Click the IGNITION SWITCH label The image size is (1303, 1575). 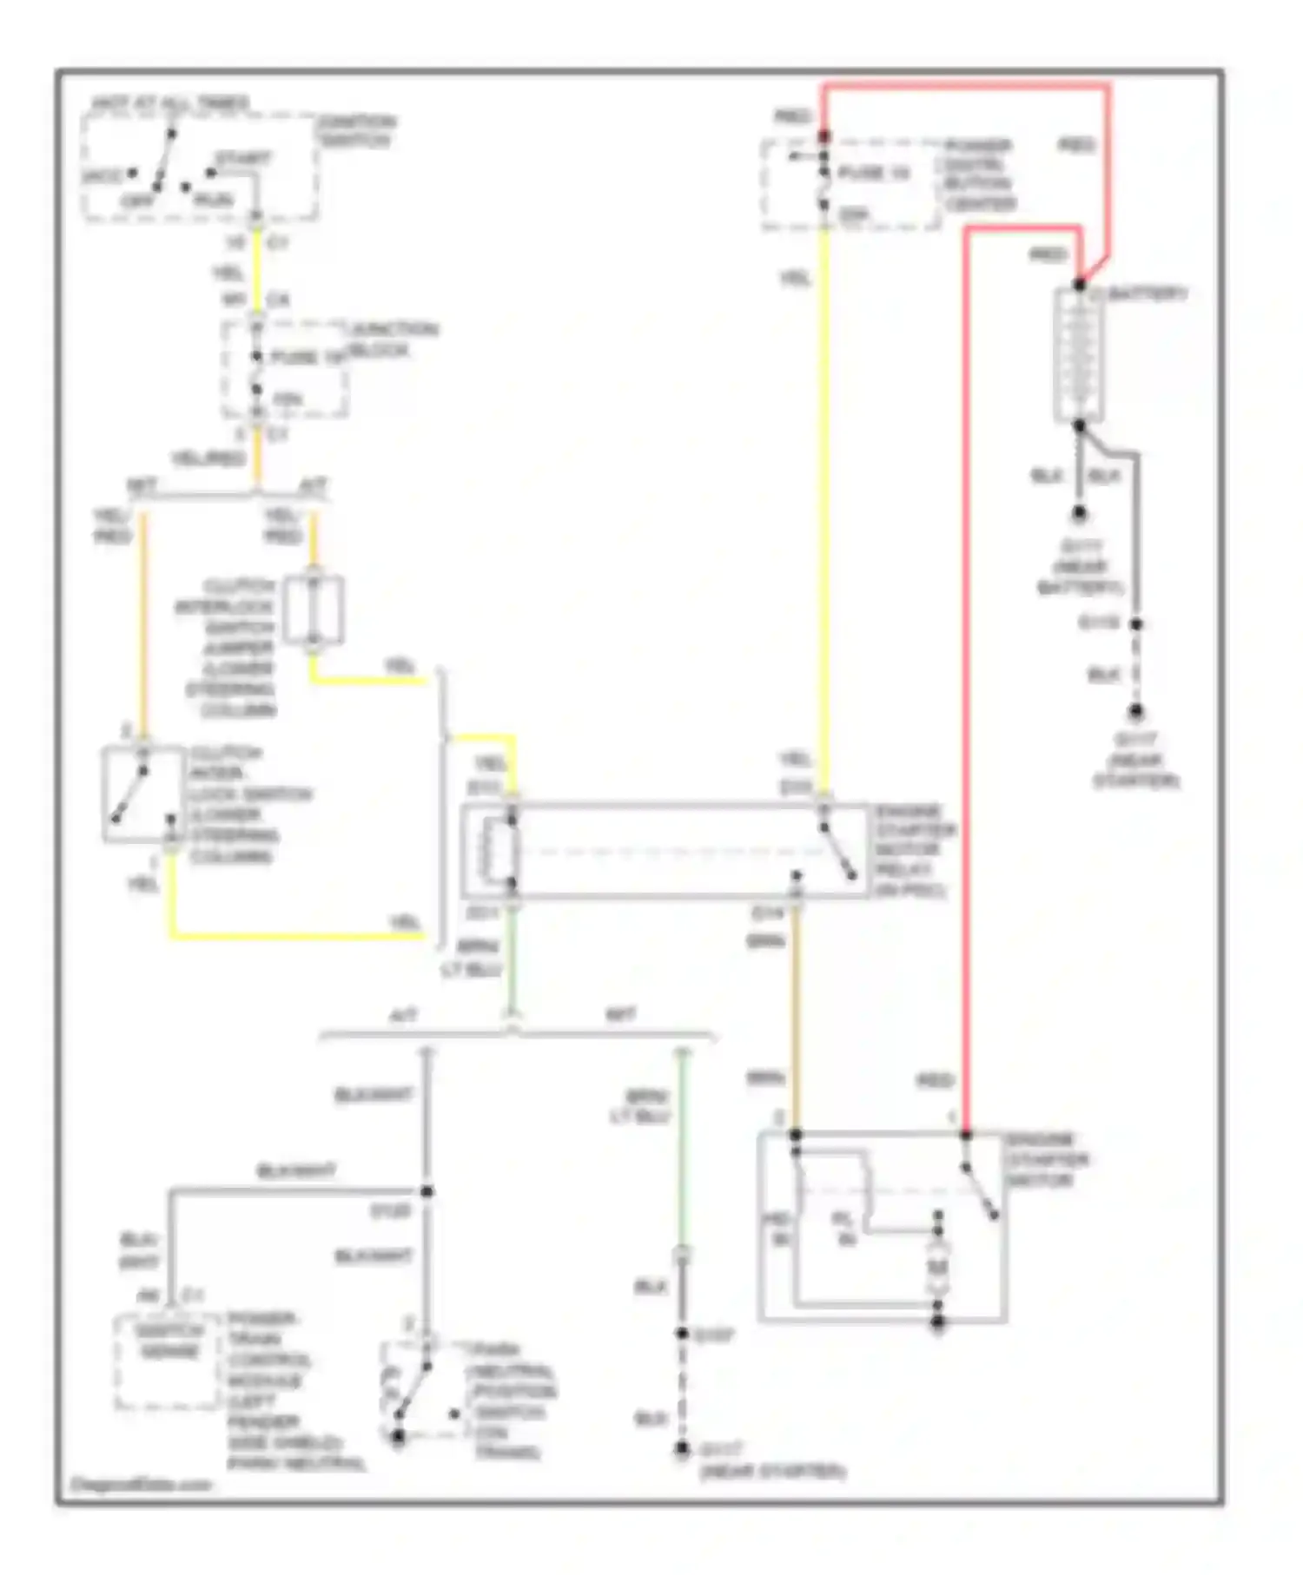(356, 131)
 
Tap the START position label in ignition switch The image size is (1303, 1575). (243, 159)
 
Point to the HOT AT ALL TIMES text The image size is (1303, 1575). (170, 103)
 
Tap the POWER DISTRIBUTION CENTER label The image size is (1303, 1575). (979, 175)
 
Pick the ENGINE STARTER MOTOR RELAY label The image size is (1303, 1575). (913, 851)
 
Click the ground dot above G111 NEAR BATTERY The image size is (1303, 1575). (1079, 513)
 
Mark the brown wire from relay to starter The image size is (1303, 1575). (795, 1016)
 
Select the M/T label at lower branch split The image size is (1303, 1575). (620, 1014)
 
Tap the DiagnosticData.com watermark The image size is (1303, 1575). (140, 1484)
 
